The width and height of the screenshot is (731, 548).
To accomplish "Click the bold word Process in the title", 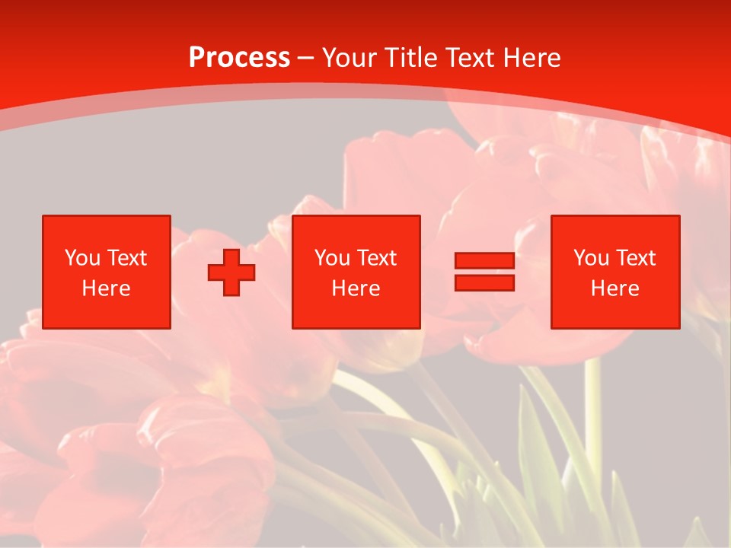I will pos(239,58).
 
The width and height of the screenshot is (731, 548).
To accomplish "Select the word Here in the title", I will pos(531,58).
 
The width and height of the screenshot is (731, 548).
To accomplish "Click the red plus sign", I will pos(231,272).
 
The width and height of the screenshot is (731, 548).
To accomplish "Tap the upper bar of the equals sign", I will pos(484,261).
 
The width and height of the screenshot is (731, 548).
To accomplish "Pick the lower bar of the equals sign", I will pos(484,282).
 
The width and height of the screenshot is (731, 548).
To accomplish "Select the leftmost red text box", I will pos(107,272).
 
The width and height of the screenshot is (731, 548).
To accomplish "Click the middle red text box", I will pos(356,272).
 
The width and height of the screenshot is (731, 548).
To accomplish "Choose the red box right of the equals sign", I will pos(615,272).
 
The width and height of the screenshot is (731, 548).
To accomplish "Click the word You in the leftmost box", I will pos(83,258).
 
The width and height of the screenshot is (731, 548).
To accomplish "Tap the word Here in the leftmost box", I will pos(107,288).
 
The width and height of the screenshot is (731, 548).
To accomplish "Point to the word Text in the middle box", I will pos(377,258).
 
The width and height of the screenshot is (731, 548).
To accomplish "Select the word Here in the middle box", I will pos(356,288).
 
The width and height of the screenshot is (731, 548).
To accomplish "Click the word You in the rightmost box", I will pos(592,258).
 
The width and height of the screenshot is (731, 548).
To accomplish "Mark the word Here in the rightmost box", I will pos(615,288).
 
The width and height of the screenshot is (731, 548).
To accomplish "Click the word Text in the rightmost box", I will pos(636,258).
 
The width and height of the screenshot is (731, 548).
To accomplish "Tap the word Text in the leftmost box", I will pos(127,258).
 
